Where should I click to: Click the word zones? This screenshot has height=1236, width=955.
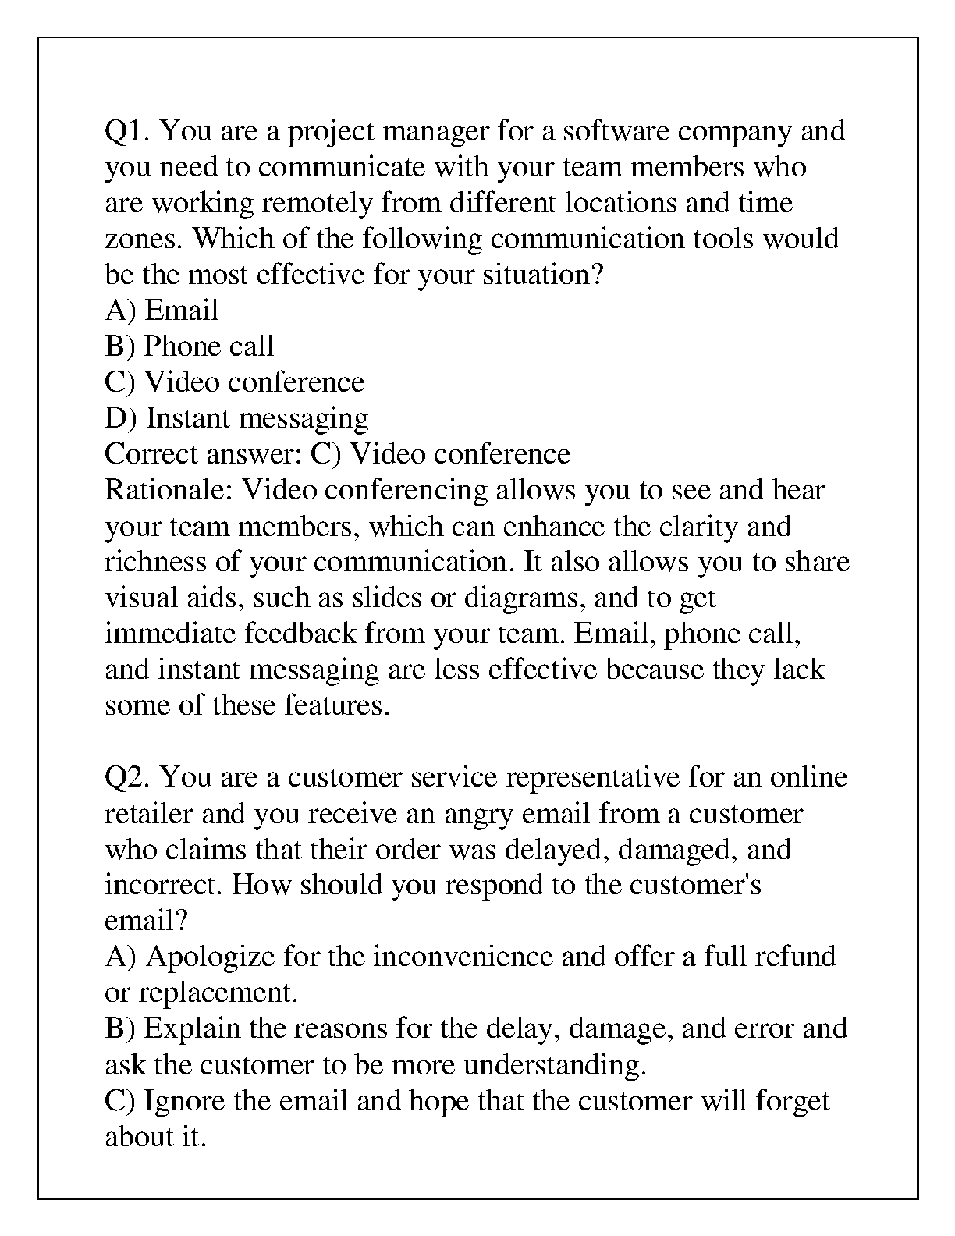point(145,239)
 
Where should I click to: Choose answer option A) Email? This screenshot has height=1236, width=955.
point(162,311)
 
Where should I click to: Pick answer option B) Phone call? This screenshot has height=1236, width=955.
point(190,346)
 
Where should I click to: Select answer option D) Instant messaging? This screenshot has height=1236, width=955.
point(236,419)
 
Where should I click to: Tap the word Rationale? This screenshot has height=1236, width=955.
point(169,490)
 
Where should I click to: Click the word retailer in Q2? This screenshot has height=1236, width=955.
point(149,814)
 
